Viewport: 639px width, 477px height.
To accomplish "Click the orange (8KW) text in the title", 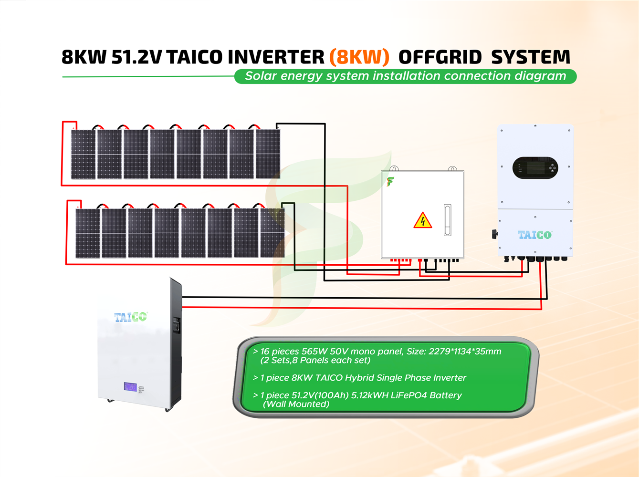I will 359,57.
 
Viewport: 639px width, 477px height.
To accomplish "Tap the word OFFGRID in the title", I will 440,57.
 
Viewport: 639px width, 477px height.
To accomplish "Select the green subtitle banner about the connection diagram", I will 405,76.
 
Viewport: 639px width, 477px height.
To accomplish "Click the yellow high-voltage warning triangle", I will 422,221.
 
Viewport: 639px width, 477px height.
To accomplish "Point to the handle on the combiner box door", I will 447,220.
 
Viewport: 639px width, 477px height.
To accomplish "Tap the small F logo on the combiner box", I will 390,181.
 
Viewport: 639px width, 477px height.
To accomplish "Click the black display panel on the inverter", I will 535,168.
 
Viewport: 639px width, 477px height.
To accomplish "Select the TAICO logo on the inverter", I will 534,235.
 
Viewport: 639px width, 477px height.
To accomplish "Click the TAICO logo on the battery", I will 130,317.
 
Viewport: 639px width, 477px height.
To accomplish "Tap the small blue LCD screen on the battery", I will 130,387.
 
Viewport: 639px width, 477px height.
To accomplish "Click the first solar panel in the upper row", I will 84,154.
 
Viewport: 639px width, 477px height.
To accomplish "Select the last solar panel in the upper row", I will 268,154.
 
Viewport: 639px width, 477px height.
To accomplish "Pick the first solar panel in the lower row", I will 88,233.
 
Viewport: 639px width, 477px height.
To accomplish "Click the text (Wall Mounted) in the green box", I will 296,404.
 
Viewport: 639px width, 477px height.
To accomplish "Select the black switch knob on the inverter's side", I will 495,234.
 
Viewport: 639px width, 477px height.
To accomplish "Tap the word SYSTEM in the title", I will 531,57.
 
